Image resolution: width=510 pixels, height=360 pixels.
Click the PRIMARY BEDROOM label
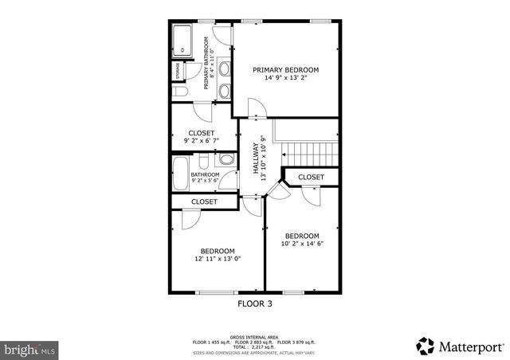point(285,70)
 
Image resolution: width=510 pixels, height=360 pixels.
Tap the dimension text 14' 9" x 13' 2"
point(285,79)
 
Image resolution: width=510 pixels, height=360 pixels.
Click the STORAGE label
point(178,71)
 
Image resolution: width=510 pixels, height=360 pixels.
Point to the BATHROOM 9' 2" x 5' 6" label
point(204,178)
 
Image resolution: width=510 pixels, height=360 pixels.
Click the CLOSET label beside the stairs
point(311,177)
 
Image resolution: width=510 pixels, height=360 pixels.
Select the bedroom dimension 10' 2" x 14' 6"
point(302,244)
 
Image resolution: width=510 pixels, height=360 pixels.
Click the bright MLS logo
point(29,349)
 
